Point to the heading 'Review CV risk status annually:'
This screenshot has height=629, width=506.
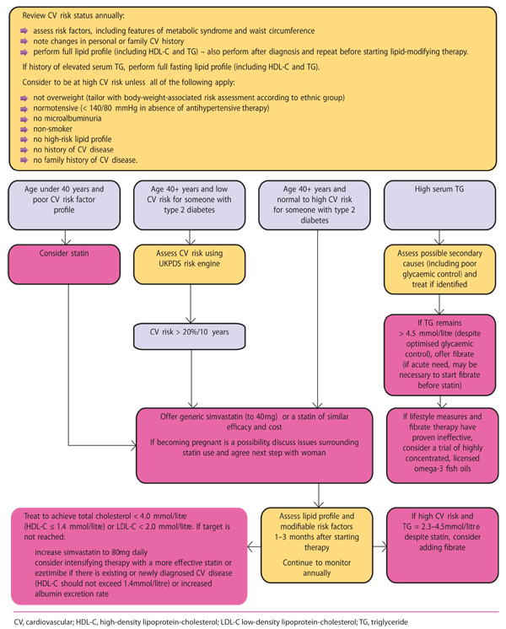(78, 16)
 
